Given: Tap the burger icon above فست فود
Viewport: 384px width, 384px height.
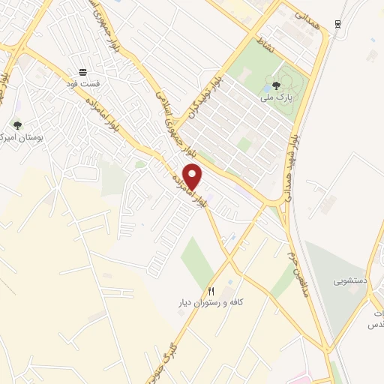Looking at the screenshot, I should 82,72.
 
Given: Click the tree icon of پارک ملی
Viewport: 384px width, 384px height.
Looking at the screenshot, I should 276,85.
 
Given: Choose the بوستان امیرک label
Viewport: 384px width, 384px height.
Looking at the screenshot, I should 19,138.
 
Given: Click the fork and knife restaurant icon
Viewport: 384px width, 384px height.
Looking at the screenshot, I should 211,291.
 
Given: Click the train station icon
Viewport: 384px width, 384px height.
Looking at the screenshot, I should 339,24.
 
